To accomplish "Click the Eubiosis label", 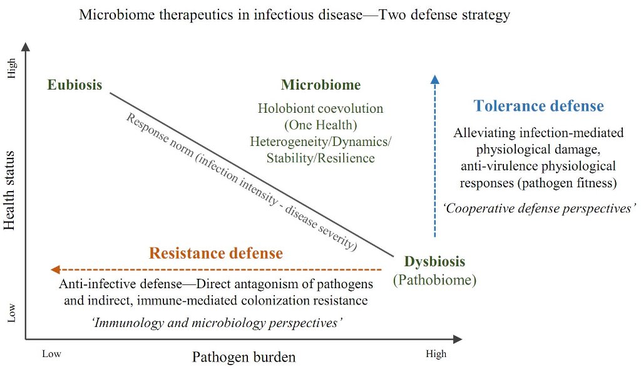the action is pyautogui.click(x=74, y=85).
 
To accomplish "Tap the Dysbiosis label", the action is pyautogui.click(x=434, y=261).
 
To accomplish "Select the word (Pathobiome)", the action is pyautogui.click(x=434, y=279).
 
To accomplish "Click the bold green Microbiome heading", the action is pyautogui.click(x=320, y=85).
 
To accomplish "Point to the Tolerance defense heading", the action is pyautogui.click(x=538, y=105).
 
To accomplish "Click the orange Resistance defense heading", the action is pyautogui.click(x=216, y=253).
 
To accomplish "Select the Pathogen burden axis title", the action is pyautogui.click(x=244, y=357).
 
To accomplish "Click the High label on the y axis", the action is pyautogui.click(x=11, y=69).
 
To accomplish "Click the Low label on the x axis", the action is pyautogui.click(x=51, y=354).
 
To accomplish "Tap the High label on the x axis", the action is pyautogui.click(x=436, y=354).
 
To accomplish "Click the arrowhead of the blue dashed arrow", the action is pyautogui.click(x=435, y=78).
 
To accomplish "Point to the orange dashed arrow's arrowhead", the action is pyautogui.click(x=54, y=269).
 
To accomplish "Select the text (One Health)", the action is pyautogui.click(x=320, y=125).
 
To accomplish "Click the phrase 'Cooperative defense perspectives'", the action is pyautogui.click(x=539, y=209).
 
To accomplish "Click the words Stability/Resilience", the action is pyautogui.click(x=320, y=158).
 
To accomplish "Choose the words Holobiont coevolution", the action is pyautogui.click(x=320, y=108).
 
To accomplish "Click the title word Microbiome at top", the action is pyautogui.click(x=116, y=14).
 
